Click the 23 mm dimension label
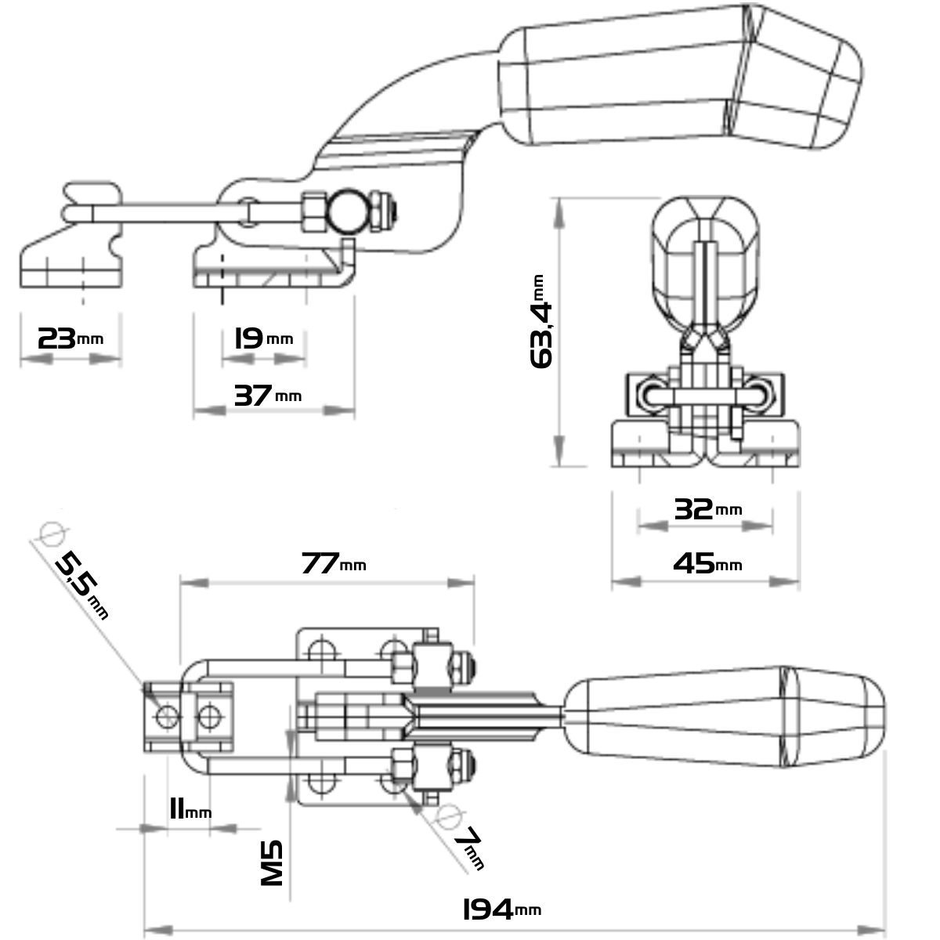pyautogui.click(x=70, y=338)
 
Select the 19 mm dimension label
pyautogui.click(x=263, y=338)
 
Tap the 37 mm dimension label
pyautogui.click(x=267, y=396)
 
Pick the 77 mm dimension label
pyautogui.click(x=334, y=563)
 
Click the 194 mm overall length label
pyautogui.click(x=501, y=909)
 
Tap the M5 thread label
pyautogui.click(x=272, y=865)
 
